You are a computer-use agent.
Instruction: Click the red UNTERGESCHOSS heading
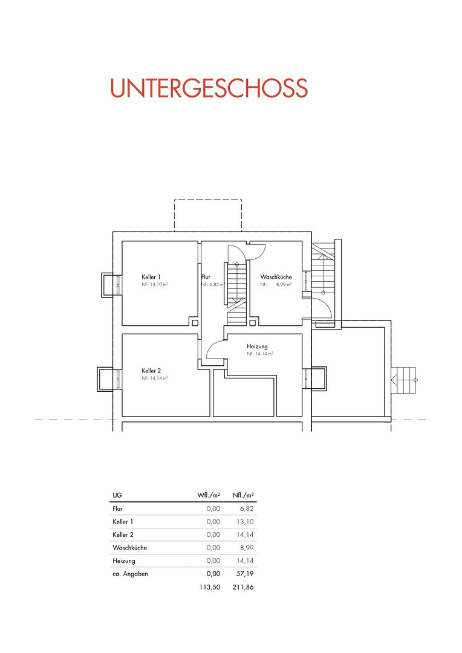[x=209, y=88]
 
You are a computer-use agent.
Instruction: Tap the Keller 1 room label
[x=151, y=277]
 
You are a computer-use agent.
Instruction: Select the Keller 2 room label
[x=151, y=371]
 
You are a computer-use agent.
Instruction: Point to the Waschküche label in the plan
[x=276, y=277]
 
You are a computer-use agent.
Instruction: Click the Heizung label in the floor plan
[x=257, y=346]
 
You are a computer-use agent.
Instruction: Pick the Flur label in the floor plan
[x=206, y=277]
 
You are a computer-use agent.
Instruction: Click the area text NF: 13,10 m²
[x=155, y=284]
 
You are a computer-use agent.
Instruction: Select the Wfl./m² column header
[x=209, y=495]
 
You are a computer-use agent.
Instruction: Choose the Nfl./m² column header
[x=243, y=495]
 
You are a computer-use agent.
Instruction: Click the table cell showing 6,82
[x=247, y=508]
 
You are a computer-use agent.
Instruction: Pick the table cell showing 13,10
[x=245, y=521]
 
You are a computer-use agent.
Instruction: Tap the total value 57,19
[x=245, y=573]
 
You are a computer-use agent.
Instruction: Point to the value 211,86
[x=243, y=587]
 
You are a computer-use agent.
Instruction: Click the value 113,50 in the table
[x=210, y=587]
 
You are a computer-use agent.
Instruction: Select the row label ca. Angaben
[x=130, y=574]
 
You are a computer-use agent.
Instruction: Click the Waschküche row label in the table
[x=129, y=548]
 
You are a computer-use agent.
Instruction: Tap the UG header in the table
[x=117, y=495]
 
